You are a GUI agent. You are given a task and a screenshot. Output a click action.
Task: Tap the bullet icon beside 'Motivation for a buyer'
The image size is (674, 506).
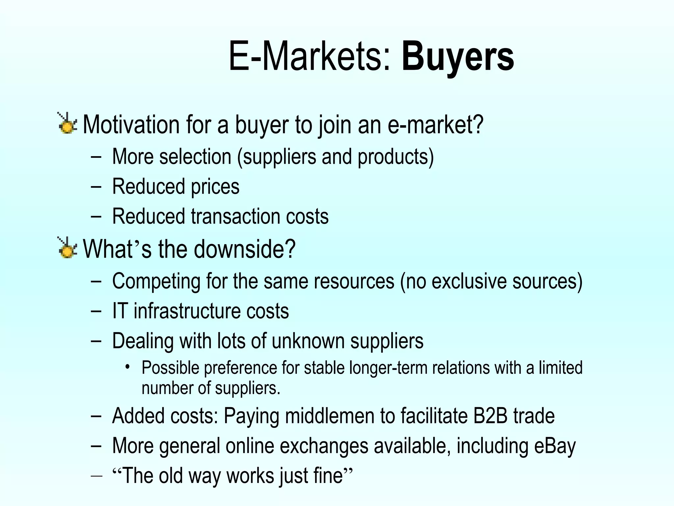click(x=67, y=123)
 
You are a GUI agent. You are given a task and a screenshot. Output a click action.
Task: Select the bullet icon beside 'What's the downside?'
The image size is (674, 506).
click(x=67, y=247)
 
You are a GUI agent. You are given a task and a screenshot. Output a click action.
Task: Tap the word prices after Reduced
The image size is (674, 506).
click(x=215, y=186)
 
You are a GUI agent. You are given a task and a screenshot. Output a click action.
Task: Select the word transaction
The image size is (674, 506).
click(x=235, y=216)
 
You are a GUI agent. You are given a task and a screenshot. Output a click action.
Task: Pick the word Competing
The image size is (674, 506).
click(x=156, y=281)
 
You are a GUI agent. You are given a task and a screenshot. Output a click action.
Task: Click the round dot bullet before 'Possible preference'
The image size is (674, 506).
click(x=128, y=367)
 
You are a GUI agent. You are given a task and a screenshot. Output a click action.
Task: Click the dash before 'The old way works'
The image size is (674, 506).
click(x=96, y=476)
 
